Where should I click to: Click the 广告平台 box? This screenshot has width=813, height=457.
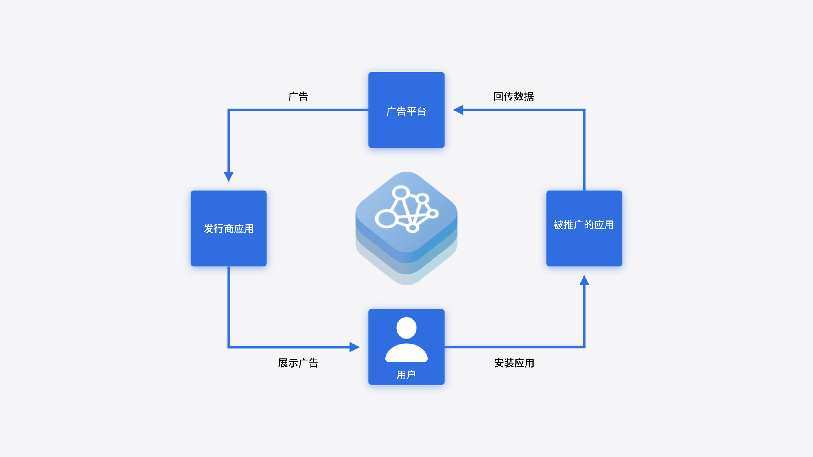tap(406, 110)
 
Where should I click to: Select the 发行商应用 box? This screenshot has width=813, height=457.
tap(228, 228)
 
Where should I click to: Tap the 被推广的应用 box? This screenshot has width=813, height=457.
tap(584, 228)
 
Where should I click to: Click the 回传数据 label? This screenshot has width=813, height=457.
tap(513, 96)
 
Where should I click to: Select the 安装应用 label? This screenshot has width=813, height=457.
tap(514, 363)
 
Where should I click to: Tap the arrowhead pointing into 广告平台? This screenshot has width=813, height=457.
tap(458, 110)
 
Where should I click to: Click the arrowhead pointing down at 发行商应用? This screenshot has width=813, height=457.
tap(228, 177)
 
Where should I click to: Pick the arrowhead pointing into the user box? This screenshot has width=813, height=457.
tap(355, 347)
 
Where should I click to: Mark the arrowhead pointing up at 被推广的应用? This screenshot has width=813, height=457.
tap(584, 280)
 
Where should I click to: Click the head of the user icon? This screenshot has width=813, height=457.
tap(406, 328)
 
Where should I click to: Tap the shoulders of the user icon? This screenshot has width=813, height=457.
tap(406, 353)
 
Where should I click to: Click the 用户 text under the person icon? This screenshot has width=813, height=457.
tap(406, 375)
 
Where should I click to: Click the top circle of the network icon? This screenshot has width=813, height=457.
tap(401, 192)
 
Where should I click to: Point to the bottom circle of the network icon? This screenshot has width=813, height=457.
tap(412, 228)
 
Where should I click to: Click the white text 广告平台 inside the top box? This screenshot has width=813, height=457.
tap(406, 111)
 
